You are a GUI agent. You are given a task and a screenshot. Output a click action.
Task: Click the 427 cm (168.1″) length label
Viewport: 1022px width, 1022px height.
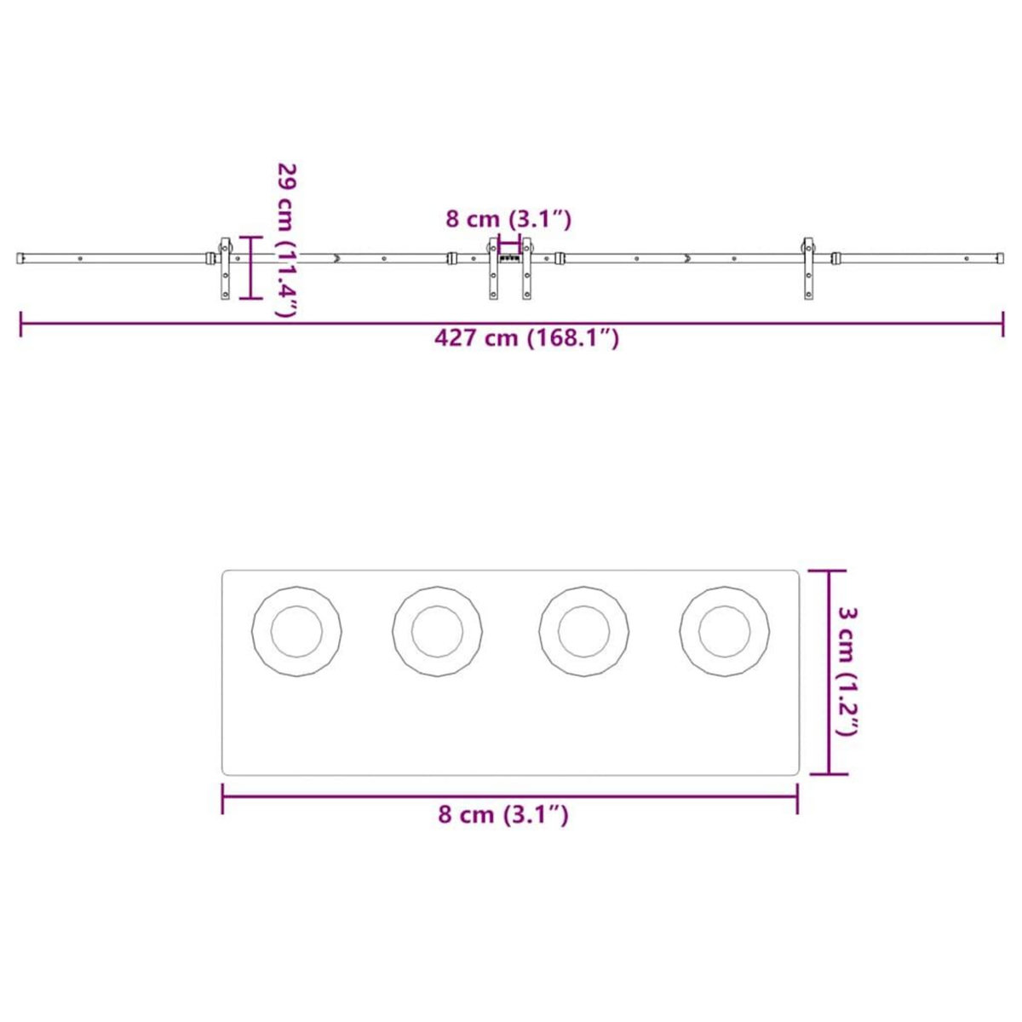526,338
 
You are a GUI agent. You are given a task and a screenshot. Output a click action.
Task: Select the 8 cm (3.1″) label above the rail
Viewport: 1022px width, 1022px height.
508,219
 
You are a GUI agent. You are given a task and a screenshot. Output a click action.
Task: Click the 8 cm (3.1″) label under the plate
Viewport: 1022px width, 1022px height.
503,814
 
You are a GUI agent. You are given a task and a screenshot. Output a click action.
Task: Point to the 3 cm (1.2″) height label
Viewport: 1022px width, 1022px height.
848,671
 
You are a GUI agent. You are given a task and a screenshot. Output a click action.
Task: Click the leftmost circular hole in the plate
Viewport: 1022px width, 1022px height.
296,632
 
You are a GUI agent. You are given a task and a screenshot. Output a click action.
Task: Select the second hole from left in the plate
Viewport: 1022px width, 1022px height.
437,632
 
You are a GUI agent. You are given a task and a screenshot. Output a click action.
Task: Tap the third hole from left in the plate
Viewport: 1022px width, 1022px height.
584,632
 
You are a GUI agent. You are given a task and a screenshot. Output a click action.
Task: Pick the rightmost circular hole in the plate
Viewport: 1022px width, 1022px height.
725,632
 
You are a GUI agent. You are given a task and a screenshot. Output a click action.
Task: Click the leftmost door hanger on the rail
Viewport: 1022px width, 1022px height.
226,267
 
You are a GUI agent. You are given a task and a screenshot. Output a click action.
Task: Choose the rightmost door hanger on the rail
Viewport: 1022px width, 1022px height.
806,267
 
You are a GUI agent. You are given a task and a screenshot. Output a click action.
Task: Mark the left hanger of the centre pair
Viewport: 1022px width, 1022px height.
493,267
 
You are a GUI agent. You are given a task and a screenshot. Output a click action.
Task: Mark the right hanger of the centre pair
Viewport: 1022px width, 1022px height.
526,267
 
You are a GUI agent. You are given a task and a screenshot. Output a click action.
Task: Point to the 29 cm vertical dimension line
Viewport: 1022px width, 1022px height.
250,267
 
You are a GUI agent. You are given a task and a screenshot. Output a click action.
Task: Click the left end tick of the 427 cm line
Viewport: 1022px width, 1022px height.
21,324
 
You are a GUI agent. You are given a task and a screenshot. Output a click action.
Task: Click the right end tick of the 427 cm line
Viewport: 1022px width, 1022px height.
1002,324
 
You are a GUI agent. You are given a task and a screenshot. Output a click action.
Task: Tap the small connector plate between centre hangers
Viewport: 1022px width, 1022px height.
509,255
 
